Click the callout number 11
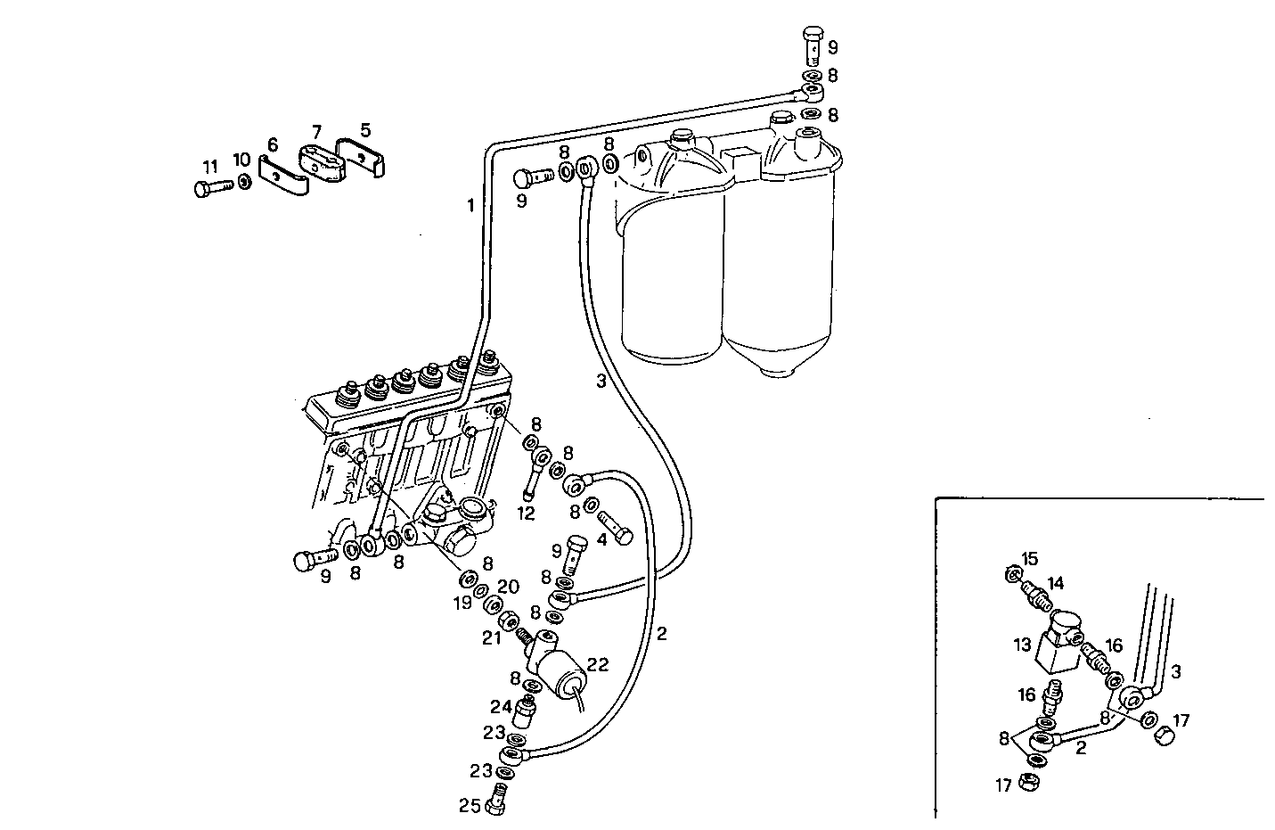point(210,167)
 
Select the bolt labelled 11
point(211,187)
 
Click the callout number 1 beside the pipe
point(470,206)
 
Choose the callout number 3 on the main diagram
point(601,381)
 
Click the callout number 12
point(526,514)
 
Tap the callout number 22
point(597,664)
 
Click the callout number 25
point(470,805)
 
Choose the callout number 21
point(492,637)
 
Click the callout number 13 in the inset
point(1021,644)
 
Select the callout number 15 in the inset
point(1029,559)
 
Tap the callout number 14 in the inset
point(1055,584)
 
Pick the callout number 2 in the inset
point(1081,748)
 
